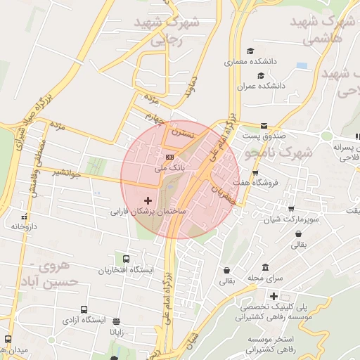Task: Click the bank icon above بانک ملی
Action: click(169, 157)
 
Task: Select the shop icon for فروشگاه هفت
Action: click(255, 172)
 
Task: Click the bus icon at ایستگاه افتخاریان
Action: click(126, 259)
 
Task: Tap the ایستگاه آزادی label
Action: click(84, 320)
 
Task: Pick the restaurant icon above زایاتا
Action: click(115, 320)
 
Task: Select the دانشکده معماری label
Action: click(250, 62)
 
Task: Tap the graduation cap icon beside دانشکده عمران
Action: click(260, 75)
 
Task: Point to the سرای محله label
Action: click(264, 278)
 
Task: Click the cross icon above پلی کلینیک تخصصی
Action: click(274, 296)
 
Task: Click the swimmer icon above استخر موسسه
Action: click(275, 329)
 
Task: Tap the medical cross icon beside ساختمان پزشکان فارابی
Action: click(147, 200)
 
